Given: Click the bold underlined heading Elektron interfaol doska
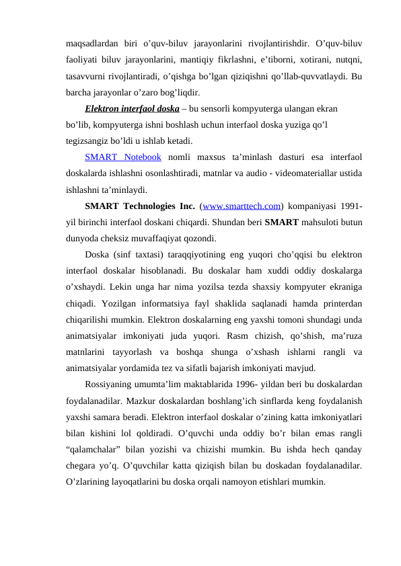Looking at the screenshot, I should tap(132, 108).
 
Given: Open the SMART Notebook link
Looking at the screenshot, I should tap(123, 157).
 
